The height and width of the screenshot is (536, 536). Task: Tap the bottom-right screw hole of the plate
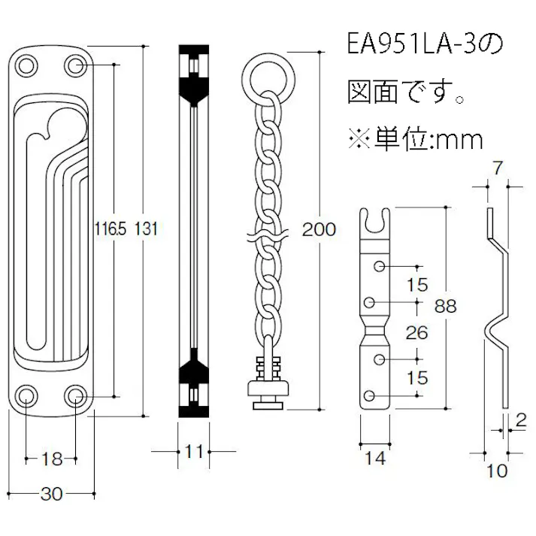pyautogui.click(x=77, y=395)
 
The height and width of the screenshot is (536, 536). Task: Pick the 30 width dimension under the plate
pyautogui.click(x=51, y=494)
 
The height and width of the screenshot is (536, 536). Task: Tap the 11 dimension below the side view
pyautogui.click(x=194, y=451)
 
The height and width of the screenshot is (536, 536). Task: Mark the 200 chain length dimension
pyautogui.click(x=318, y=230)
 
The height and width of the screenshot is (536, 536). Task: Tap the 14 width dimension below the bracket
pyautogui.click(x=374, y=458)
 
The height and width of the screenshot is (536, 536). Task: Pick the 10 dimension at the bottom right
pyautogui.click(x=497, y=471)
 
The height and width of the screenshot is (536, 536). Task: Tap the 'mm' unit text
pyautogui.click(x=457, y=138)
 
